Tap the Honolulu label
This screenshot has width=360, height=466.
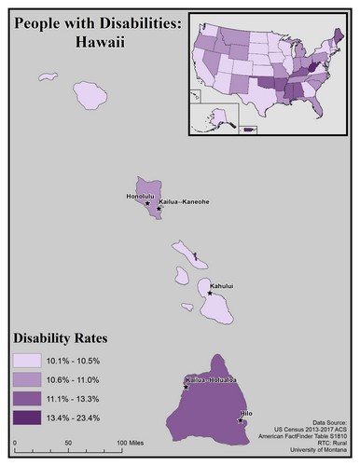(140, 197)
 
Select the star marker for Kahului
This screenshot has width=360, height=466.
(210, 293)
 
